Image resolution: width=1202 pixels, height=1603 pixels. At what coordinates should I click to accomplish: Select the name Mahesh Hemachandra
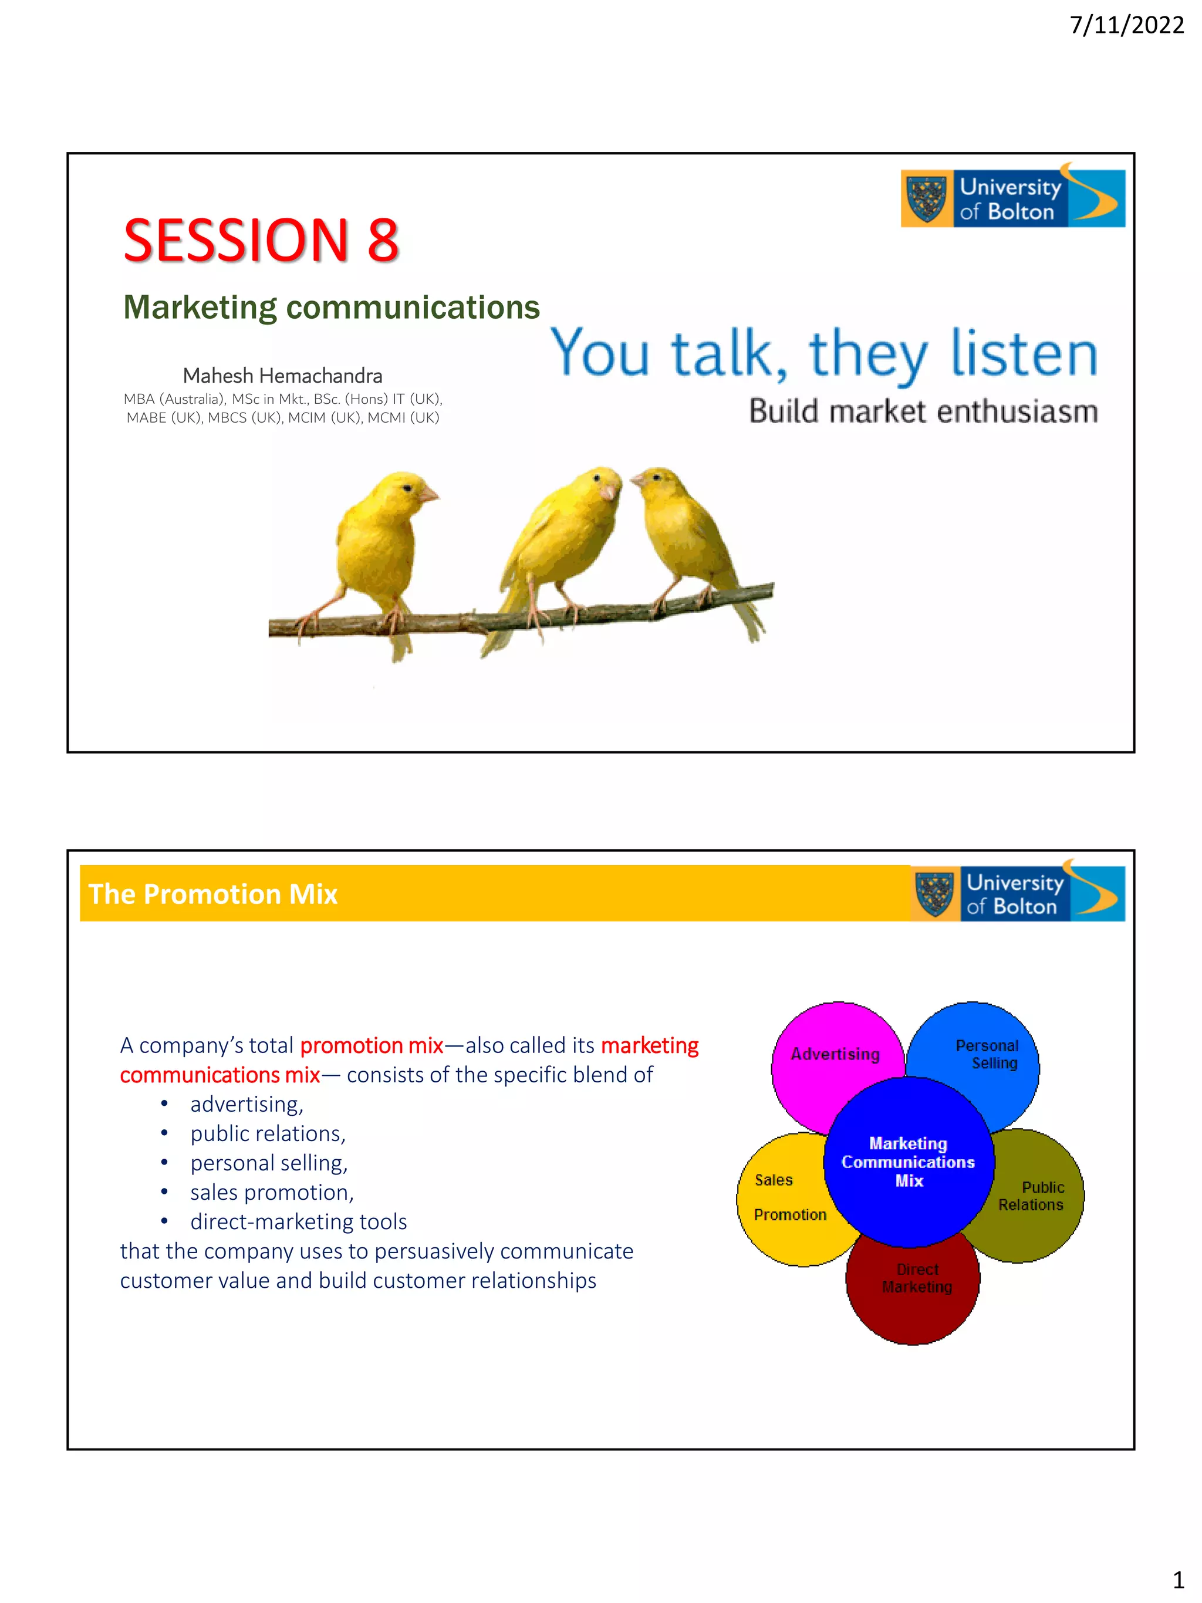(282, 376)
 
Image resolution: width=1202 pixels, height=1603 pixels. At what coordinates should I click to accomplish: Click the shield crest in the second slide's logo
(934, 893)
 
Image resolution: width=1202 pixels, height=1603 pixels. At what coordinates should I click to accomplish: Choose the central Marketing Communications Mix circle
(908, 1162)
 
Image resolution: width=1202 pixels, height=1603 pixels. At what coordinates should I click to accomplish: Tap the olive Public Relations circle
(1036, 1196)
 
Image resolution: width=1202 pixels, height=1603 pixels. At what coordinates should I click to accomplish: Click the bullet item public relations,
(268, 1133)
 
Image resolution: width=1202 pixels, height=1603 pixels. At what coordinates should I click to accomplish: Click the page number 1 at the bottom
(1178, 1579)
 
